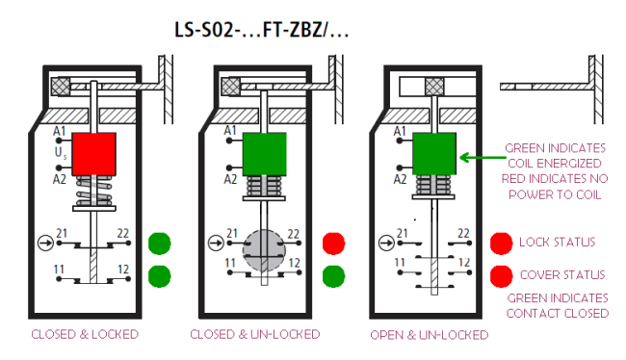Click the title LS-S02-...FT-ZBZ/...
click(262, 30)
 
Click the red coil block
click(94, 154)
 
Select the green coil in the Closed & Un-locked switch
click(265, 154)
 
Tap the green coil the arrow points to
click(434, 154)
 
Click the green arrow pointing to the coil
click(483, 158)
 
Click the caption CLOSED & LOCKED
click(85, 334)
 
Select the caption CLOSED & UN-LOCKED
click(255, 334)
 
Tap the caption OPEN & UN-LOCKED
click(430, 335)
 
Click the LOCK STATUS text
click(557, 242)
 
